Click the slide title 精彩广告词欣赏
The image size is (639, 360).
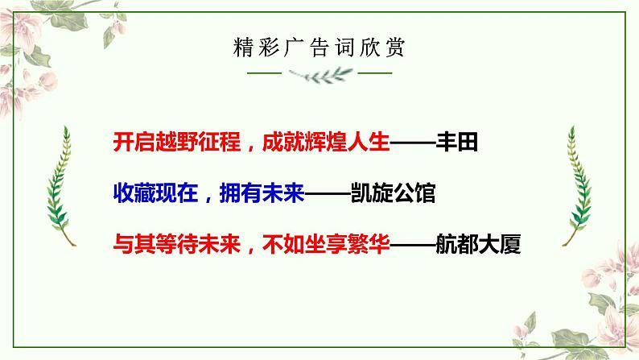[319, 46]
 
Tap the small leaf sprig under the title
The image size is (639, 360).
[319, 73]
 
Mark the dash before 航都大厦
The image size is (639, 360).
[413, 243]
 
